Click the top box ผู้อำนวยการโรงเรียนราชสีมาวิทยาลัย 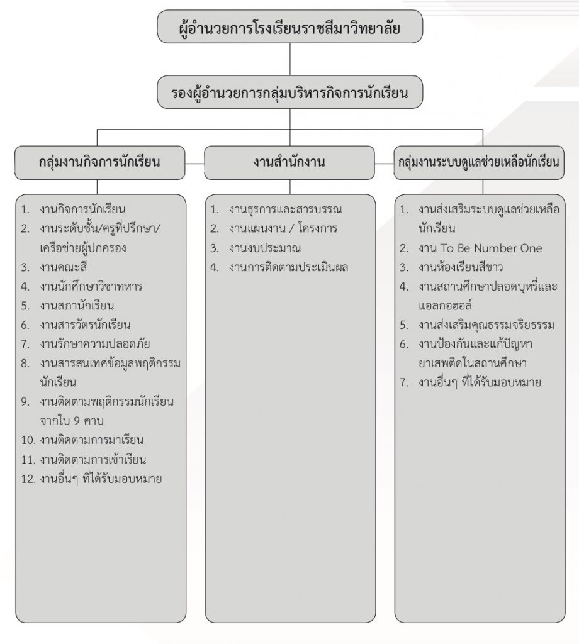pyautogui.click(x=289, y=26)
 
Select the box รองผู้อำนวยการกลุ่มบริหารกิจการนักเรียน pyautogui.click(x=289, y=92)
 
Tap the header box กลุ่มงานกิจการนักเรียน pyautogui.click(x=100, y=163)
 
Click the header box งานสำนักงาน pyautogui.click(x=289, y=163)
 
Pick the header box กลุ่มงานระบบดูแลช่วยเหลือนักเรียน pyautogui.click(x=479, y=163)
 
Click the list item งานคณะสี pyautogui.click(x=64, y=267)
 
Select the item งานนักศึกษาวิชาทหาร pyautogui.click(x=91, y=286)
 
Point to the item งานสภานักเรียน pyautogui.click(x=77, y=306)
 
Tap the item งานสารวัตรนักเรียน pyautogui.click(x=85, y=325)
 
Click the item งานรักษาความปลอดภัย pyautogui.click(x=95, y=344)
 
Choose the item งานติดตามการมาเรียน pyautogui.click(x=92, y=440)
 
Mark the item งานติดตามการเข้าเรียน pyautogui.click(x=93, y=459)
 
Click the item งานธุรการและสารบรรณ pyautogui.click(x=286, y=209)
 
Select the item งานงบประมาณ pyautogui.click(x=265, y=248)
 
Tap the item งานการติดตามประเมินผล pyautogui.click(x=289, y=267)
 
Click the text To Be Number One pyautogui.click(x=492, y=248)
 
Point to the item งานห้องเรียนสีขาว pyautogui.click(x=461, y=267)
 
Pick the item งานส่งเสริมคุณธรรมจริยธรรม pyautogui.click(x=486, y=325)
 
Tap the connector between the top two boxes pyautogui.click(x=290, y=59)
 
